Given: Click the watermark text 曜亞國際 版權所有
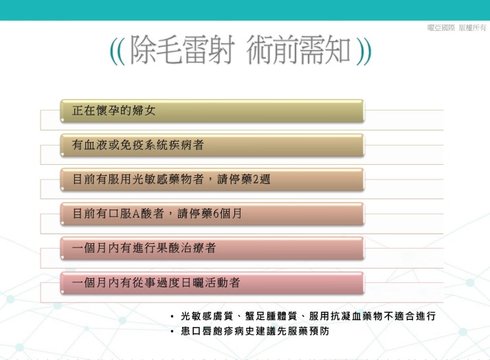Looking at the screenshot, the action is click(456, 27).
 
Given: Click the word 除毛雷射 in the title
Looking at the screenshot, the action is click(182, 49).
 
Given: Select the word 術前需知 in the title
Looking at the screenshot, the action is click(298, 49).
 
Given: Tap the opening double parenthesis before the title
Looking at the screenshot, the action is click(118, 52).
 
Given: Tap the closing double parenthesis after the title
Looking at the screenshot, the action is click(364, 52).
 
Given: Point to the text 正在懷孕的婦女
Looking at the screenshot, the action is click(114, 111).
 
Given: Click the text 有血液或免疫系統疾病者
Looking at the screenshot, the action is click(138, 145).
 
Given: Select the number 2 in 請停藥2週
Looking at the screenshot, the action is click(256, 180).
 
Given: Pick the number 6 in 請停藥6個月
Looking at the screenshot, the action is click(216, 214).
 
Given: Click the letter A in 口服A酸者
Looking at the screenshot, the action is click(136, 214).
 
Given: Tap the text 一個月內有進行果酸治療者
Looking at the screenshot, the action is click(144, 248).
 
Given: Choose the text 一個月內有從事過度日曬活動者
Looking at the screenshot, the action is click(156, 283).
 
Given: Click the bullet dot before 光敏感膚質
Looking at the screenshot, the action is click(172, 317).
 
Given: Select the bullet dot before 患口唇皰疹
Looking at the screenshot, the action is click(172, 332).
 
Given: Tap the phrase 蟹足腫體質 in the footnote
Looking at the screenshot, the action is click(271, 316).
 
